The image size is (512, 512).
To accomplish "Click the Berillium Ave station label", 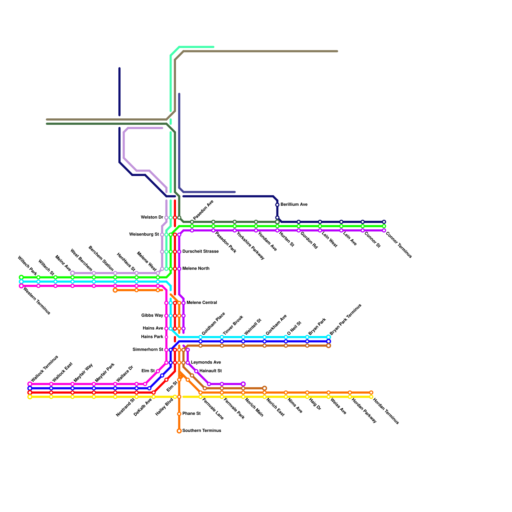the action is pyautogui.click(x=294, y=205).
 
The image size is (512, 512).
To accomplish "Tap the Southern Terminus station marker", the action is pyautogui.click(x=179, y=431).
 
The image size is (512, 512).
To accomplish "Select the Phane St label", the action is pyautogui.click(x=191, y=414).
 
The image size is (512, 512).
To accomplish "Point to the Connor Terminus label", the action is pyautogui.click(x=398, y=245).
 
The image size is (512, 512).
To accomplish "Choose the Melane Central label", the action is pyautogui.click(x=202, y=303).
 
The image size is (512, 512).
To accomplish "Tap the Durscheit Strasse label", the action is pyautogui.click(x=200, y=252).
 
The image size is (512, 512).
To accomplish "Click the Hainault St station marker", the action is pyautogui.click(x=196, y=371).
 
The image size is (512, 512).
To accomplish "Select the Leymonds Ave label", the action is pyautogui.click(x=206, y=363).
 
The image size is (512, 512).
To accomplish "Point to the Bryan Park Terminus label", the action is pyautogui.click(x=345, y=319).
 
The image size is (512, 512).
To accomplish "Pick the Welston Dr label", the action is pyautogui.click(x=152, y=218).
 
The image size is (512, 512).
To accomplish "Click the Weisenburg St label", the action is pyautogui.click(x=144, y=235).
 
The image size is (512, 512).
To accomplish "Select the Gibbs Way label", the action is pyautogui.click(x=152, y=316).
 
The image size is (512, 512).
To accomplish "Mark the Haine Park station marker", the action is pyautogui.click(x=166, y=337).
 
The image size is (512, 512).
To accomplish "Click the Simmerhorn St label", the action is pyautogui.click(x=148, y=350).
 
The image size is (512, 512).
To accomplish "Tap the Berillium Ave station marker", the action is pyautogui.click(x=277, y=205).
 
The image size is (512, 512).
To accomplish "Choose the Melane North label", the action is pyautogui.click(x=196, y=269).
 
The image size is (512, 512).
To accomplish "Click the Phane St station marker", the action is pyautogui.click(x=179, y=414).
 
